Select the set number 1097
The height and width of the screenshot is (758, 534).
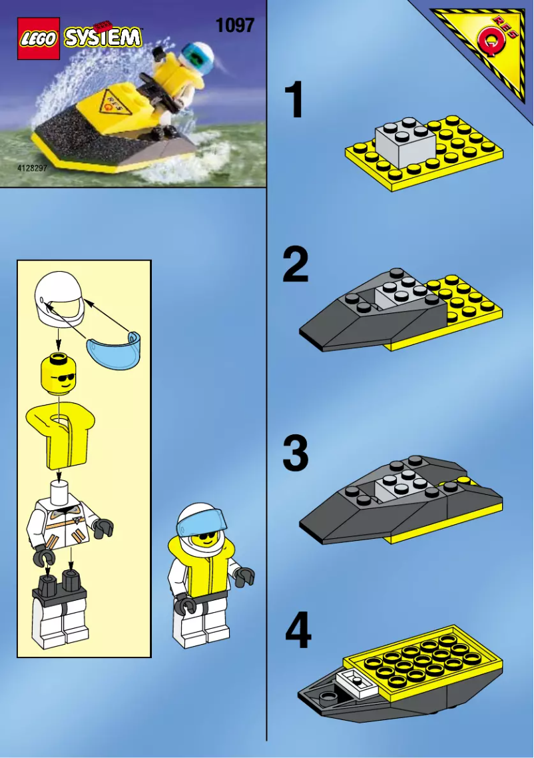tap(234, 25)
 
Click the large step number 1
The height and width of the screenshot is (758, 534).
tap(294, 101)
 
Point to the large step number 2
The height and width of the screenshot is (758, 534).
tap(295, 264)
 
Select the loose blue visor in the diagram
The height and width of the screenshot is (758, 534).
tap(116, 349)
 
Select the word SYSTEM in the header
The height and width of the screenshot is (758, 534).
tap(103, 37)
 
